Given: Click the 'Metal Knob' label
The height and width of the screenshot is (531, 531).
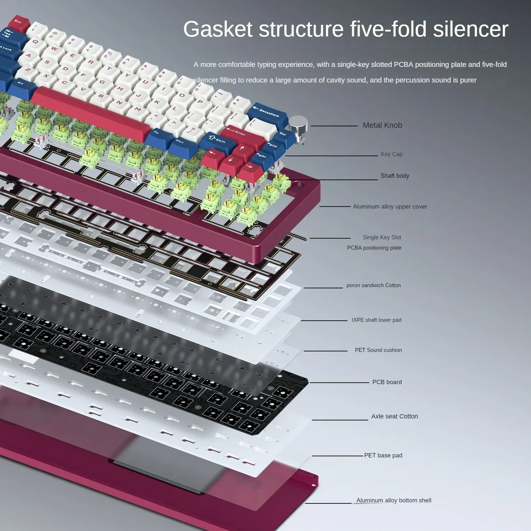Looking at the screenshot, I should pos(382,125).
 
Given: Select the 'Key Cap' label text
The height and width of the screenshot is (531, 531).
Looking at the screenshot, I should pos(392,154).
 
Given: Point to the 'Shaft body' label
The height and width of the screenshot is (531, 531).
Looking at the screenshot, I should pos(395,176).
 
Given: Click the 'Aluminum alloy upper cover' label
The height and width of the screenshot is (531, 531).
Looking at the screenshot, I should pos(390,207).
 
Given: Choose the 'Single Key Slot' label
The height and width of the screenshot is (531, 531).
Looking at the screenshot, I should pos(382,238).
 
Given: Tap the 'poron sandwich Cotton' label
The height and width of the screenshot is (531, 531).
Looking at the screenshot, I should pos(373,285).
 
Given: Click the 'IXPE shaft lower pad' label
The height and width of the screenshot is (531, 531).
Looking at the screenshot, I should pos(376,320).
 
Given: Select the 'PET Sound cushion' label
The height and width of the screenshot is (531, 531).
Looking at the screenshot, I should pos(378,350).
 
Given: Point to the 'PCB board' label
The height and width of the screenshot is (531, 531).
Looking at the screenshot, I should pos(387,382).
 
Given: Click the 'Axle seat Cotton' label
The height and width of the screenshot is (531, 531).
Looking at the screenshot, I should pos(394,417).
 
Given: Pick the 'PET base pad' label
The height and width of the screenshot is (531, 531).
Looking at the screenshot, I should pos(383,456).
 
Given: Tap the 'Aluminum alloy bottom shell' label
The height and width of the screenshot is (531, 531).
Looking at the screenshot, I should pos(394,501).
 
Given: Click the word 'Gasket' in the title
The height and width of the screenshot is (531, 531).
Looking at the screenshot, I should pos(218,29).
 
